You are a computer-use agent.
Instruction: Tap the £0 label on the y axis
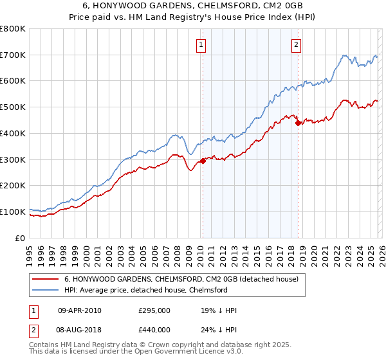pyautogui.click(x=21, y=238)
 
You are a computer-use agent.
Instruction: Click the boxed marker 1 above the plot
pyautogui.click(x=202, y=45)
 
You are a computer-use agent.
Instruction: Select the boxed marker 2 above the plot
pyautogui.click(x=296, y=45)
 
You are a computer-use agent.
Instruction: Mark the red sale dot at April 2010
pyautogui.click(x=203, y=161)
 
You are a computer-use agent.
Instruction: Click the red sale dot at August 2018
pyautogui.click(x=298, y=123)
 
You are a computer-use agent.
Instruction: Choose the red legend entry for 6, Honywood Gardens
pyautogui.click(x=181, y=280)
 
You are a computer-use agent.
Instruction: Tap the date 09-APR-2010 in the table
pyautogui.click(x=79, y=310)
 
